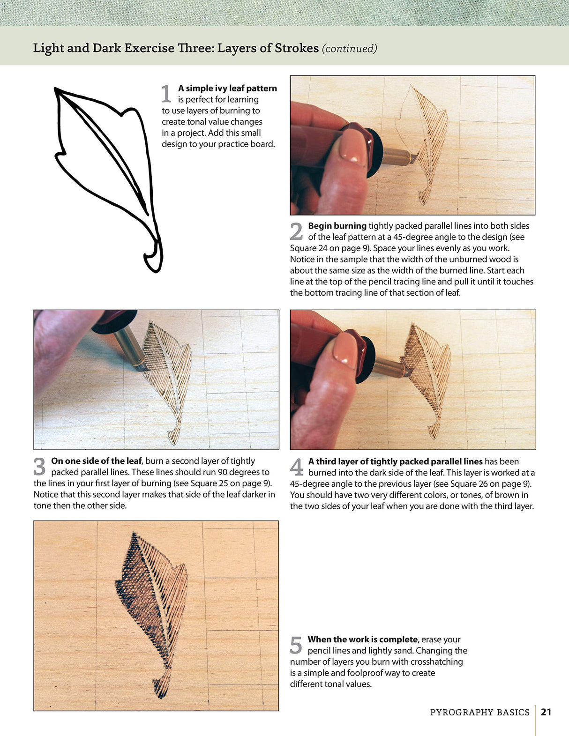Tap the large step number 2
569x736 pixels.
(296, 231)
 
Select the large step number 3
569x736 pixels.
(40, 467)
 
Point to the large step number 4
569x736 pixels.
(297, 467)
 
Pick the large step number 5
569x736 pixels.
(296, 645)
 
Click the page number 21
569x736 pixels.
(546, 712)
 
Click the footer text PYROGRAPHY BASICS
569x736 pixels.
(479, 713)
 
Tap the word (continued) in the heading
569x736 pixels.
(349, 48)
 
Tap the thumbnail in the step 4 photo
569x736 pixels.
(345, 349)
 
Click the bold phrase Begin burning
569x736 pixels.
(337, 226)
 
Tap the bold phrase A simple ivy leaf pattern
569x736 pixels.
(227, 89)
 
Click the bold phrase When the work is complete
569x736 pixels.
(362, 639)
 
